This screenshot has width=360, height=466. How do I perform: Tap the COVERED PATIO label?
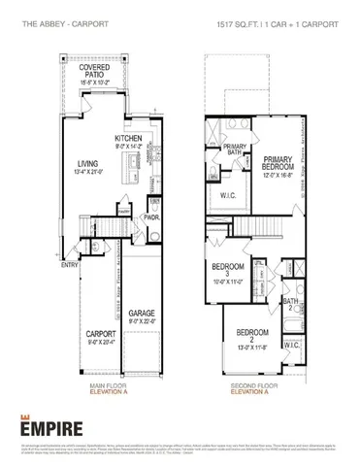[94, 69]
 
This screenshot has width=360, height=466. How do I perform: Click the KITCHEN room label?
[129, 139]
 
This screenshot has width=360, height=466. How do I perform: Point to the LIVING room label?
[88, 164]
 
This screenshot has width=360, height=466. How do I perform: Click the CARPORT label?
[100, 334]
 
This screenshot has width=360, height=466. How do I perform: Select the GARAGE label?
[143, 314]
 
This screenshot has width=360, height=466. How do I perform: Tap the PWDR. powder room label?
[153, 218]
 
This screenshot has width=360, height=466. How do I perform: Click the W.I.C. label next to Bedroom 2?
[291, 345]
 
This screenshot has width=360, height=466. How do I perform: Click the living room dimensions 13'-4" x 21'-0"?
[88, 173]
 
